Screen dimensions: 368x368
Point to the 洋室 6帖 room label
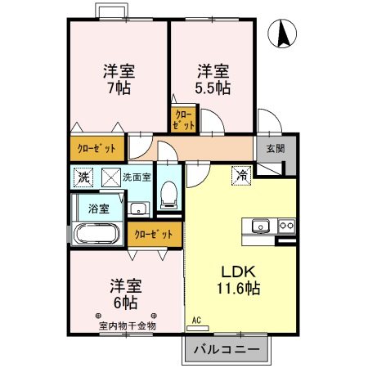click(x=127, y=294)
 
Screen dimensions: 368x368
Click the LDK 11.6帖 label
click(x=238, y=279)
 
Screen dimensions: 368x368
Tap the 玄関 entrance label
click(x=275, y=149)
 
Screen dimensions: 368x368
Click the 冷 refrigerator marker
click(x=242, y=174)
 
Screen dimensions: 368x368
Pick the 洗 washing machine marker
click(x=83, y=176)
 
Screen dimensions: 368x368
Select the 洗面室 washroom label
click(x=137, y=176)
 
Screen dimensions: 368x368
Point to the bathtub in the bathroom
click(x=97, y=235)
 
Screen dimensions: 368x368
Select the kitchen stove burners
click(x=286, y=226)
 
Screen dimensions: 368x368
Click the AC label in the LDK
click(x=196, y=320)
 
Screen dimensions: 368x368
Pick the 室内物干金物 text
click(x=126, y=325)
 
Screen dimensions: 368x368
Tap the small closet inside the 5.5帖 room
click(x=184, y=119)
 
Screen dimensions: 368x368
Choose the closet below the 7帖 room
click(x=96, y=149)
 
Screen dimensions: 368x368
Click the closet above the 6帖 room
click(x=154, y=234)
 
